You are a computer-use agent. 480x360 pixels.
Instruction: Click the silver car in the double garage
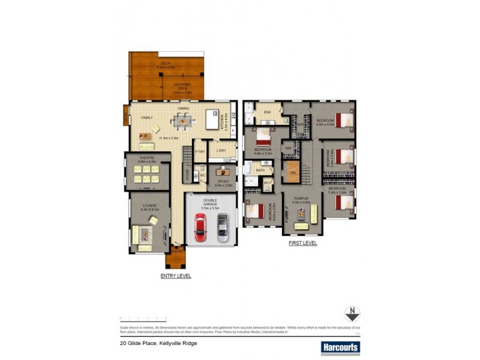click(x=223, y=227)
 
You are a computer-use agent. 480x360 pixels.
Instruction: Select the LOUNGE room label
click(x=149, y=206)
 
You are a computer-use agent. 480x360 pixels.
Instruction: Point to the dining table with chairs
click(x=182, y=122)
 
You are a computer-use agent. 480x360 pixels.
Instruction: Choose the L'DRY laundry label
click(x=221, y=150)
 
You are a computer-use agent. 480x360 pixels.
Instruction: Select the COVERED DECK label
click(x=182, y=85)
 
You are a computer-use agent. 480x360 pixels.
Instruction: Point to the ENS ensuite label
click(x=268, y=111)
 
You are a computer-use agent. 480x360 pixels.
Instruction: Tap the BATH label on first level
click(x=260, y=170)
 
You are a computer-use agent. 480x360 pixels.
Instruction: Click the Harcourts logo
click(x=340, y=347)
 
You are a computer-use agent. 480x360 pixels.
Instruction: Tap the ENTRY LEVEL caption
click(x=176, y=276)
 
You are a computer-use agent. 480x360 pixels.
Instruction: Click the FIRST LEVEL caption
click(x=302, y=244)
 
